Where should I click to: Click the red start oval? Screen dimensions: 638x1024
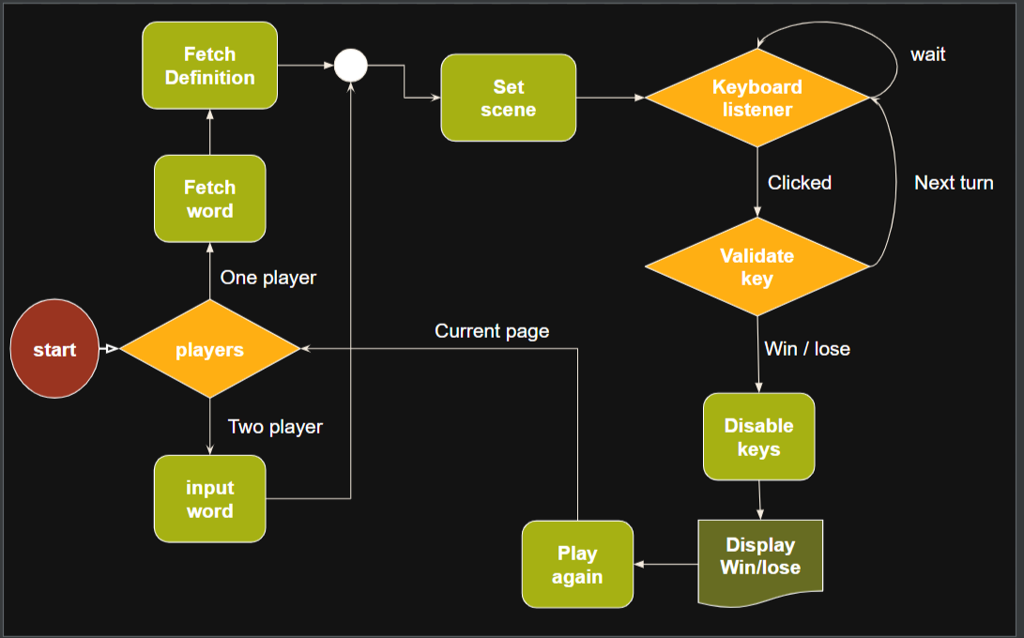[x=54, y=350]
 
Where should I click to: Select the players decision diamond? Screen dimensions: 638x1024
[x=209, y=350]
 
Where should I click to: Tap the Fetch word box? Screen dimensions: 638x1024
[x=209, y=199]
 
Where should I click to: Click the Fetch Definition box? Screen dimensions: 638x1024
[x=209, y=66]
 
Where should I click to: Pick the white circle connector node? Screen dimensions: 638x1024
[x=351, y=66]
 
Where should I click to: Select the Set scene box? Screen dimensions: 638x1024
[x=508, y=98]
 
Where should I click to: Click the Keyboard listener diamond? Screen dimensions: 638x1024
[x=757, y=98]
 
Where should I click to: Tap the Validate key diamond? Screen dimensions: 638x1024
[x=757, y=266]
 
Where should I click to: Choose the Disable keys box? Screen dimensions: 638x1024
[x=758, y=437]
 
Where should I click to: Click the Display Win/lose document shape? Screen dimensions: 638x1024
[x=760, y=558]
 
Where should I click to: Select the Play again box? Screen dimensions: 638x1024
[x=577, y=564]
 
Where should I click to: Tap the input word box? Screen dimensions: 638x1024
[x=209, y=499]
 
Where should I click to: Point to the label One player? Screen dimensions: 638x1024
[x=268, y=278]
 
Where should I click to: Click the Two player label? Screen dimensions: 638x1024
[x=275, y=427]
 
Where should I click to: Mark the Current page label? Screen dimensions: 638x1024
[x=492, y=331]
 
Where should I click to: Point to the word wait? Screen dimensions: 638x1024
[x=927, y=54]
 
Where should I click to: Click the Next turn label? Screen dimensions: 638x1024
[x=954, y=183]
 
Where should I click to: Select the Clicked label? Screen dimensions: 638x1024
[x=800, y=183]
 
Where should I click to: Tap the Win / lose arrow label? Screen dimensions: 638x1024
[x=807, y=349]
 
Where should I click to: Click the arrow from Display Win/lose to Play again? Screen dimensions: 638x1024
[x=666, y=565]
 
